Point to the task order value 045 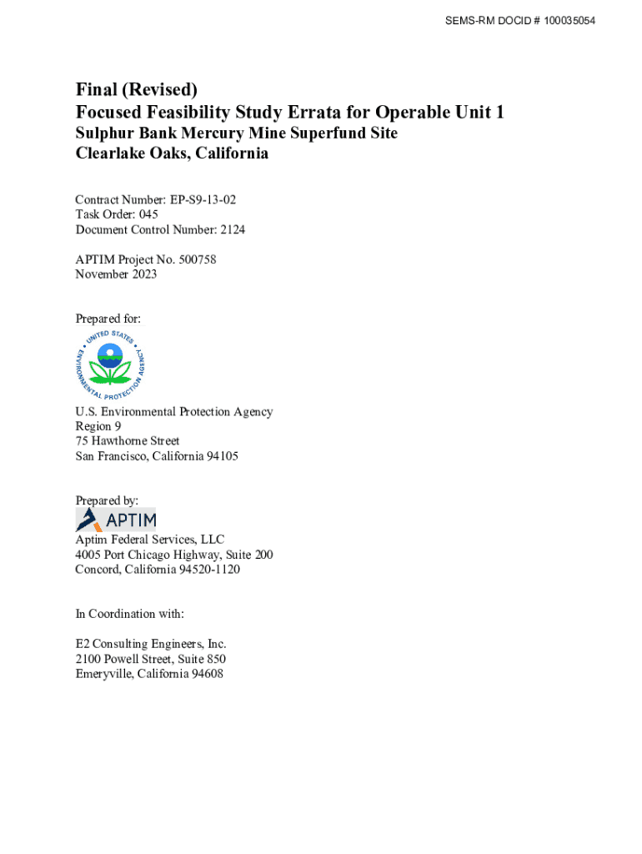[x=148, y=214]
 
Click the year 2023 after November [x=143, y=274]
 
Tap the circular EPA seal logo [x=109, y=363]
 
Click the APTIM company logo [x=116, y=520]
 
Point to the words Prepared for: [x=108, y=319]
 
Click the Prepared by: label [x=107, y=500]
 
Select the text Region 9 [x=98, y=426]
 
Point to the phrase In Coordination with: [x=129, y=614]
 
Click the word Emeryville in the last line [x=104, y=674]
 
